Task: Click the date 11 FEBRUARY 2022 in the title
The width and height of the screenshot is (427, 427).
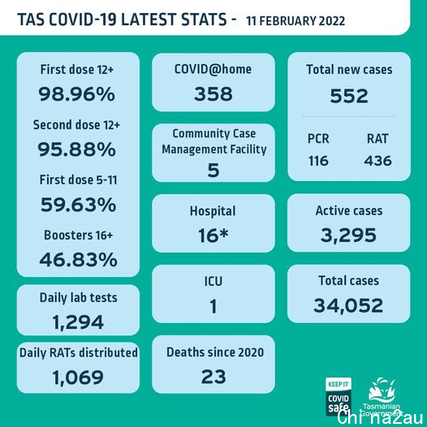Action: [x=295, y=21]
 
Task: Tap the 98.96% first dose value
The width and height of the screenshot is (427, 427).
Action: [x=77, y=94]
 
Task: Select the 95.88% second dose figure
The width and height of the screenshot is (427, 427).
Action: [x=77, y=149]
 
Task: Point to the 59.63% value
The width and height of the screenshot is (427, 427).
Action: [x=79, y=205]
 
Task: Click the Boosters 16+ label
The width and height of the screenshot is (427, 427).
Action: [x=79, y=235]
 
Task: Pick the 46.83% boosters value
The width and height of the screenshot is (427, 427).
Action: [x=79, y=260]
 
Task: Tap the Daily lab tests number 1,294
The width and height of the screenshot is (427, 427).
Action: [x=78, y=322]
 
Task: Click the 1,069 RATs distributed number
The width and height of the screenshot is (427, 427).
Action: [x=78, y=377]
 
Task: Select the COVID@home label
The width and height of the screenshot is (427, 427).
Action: [x=213, y=69]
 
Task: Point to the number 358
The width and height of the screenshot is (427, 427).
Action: [x=213, y=94]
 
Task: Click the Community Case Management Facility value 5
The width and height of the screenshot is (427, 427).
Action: [x=213, y=170]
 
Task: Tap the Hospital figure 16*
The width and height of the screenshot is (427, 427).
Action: [x=213, y=235]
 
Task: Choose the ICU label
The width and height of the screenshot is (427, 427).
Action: [x=213, y=282]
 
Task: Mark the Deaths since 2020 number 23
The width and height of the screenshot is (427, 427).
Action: [x=213, y=377]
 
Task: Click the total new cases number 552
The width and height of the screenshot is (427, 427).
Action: [x=349, y=96]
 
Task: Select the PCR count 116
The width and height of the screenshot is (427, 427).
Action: [x=318, y=161]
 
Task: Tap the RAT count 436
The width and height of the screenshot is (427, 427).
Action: [x=378, y=161]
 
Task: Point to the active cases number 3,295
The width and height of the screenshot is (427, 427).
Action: [x=348, y=235]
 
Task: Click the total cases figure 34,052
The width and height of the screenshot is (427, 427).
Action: [x=348, y=305]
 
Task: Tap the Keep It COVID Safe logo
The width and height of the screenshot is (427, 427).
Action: [x=339, y=396]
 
